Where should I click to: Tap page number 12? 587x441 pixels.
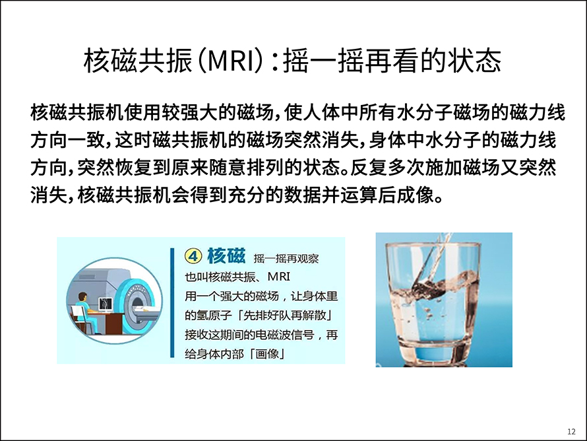click(x=571, y=431)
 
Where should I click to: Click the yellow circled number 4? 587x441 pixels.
click(x=193, y=256)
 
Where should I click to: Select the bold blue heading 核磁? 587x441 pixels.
click(x=226, y=256)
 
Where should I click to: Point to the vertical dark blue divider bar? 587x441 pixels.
click(x=172, y=302)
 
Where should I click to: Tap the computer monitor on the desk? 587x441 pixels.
click(x=106, y=304)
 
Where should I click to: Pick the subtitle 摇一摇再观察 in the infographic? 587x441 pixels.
click(x=286, y=259)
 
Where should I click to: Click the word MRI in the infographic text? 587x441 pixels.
click(x=278, y=277)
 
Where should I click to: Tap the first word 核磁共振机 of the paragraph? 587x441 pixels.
click(x=77, y=112)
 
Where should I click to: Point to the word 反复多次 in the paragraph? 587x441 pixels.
click(x=388, y=168)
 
